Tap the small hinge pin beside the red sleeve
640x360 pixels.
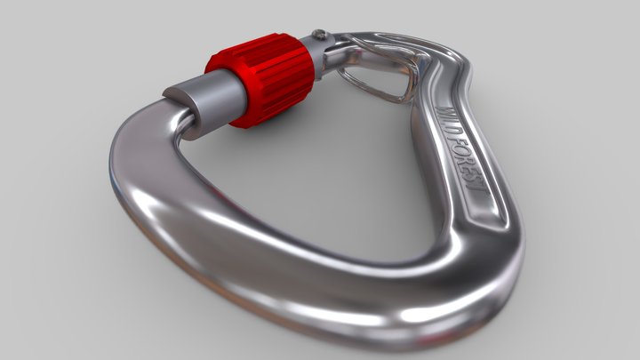point(319,36)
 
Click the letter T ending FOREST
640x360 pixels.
point(476,190)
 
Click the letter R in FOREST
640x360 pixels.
point(464,161)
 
